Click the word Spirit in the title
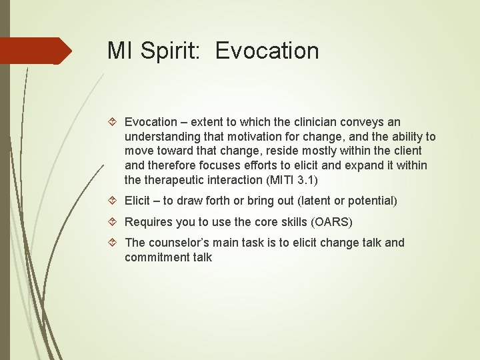pos(171,51)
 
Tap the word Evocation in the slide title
pos(267,51)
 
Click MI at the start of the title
pos(121,51)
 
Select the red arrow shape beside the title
pos(36,51)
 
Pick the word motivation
pos(252,137)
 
